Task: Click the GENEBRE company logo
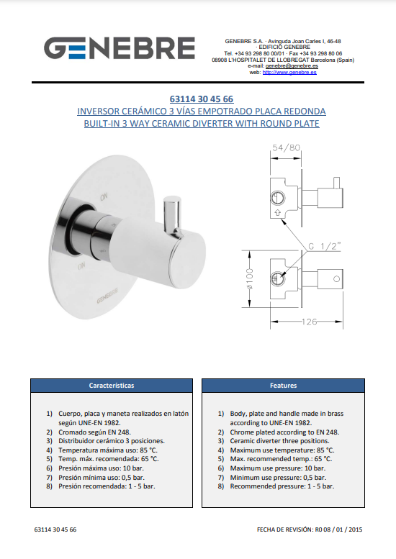click(x=120, y=47)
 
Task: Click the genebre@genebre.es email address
click(x=292, y=66)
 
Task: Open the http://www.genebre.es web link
click(x=289, y=73)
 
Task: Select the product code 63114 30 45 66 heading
click(x=202, y=99)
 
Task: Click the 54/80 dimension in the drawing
click(x=286, y=147)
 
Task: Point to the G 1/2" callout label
click(x=324, y=246)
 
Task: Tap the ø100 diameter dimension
click(x=249, y=278)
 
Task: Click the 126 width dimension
click(x=309, y=322)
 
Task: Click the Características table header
click(x=112, y=386)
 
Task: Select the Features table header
click(x=283, y=386)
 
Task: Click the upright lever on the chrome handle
click(x=173, y=215)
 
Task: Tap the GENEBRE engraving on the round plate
click(x=107, y=296)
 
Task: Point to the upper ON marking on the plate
click(x=104, y=197)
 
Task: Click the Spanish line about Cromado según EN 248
click(x=94, y=432)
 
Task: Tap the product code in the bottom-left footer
click(x=55, y=530)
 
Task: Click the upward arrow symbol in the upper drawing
click(x=277, y=213)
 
